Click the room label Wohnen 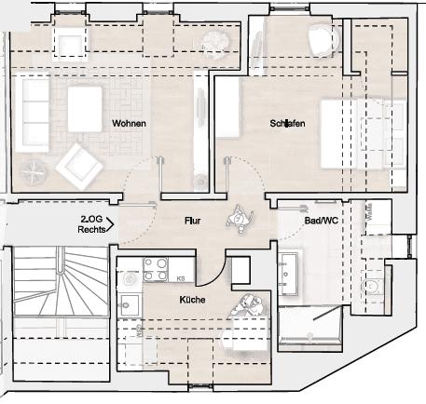point(129,123)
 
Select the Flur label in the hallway point(193,222)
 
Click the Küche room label point(193,300)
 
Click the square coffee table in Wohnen point(84,101)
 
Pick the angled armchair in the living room point(79,166)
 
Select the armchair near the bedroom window point(322,38)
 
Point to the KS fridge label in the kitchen point(180,278)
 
